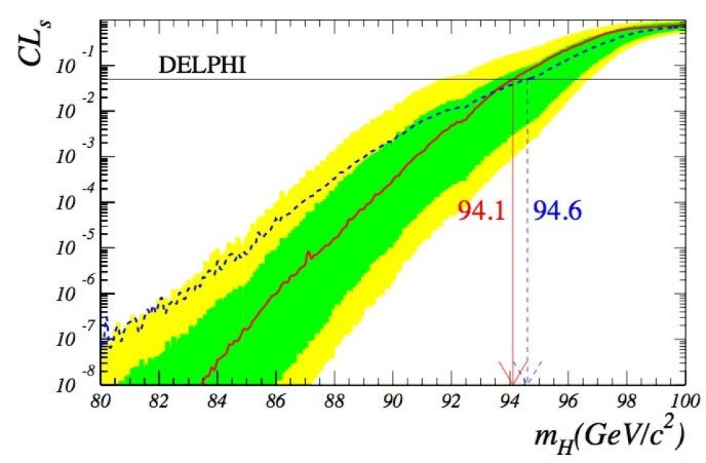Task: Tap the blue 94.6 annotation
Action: (557, 212)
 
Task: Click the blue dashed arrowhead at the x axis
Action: (528, 375)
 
